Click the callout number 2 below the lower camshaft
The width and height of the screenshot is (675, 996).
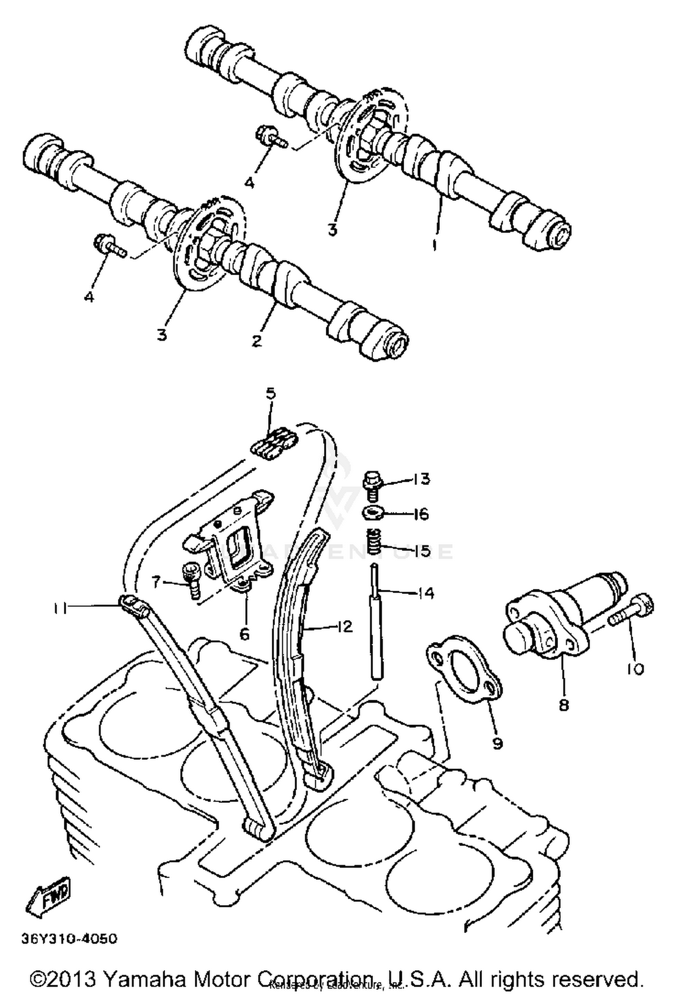coord(256,341)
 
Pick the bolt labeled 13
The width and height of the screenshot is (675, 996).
coord(372,486)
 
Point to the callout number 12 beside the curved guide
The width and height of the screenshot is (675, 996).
coord(344,626)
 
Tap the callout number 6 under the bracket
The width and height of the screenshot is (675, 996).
coord(244,634)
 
